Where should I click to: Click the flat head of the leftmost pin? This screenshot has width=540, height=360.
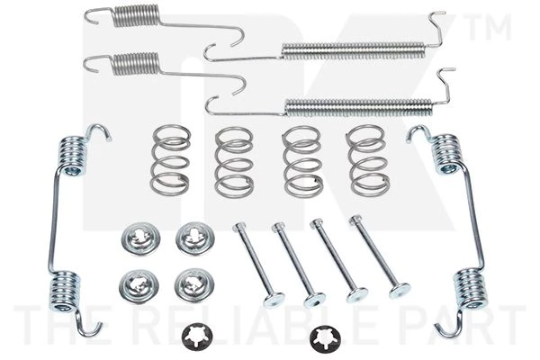tap(274, 300)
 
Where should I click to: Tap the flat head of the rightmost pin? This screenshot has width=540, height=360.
tap(400, 291)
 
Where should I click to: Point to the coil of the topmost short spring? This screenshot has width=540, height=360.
tap(137, 15)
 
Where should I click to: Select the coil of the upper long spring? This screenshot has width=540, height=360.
tap(354, 51)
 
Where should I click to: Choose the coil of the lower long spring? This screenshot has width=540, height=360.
tap(358, 107)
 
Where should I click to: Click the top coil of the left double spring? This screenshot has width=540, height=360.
tap(73, 156)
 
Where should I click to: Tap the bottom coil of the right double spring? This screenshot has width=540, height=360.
tap(470, 288)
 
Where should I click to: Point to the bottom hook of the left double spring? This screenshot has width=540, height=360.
tap(88, 327)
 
